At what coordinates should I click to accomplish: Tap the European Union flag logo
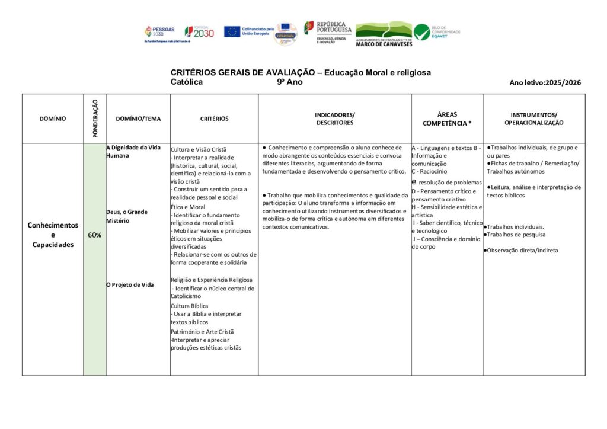pyautogui.click(x=232, y=31)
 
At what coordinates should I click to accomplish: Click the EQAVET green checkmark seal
pyautogui.click(x=422, y=32)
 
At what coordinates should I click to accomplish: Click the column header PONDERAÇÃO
pyautogui.click(x=95, y=119)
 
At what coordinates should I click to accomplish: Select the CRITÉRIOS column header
pyautogui.click(x=214, y=119)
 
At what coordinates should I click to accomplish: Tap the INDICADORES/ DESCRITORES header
pyautogui.click(x=335, y=119)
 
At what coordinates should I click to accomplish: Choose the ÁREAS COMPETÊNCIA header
pyautogui.click(x=447, y=119)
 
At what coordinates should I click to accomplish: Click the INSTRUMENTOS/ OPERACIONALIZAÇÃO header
pyautogui.click(x=533, y=119)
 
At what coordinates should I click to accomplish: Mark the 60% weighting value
pyautogui.click(x=94, y=235)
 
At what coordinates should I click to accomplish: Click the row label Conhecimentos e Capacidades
pyautogui.click(x=53, y=235)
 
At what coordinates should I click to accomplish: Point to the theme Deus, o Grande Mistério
pyautogui.click(x=127, y=216)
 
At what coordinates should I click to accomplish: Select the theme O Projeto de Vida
pyautogui.click(x=130, y=284)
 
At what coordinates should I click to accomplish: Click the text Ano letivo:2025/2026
pyautogui.click(x=545, y=83)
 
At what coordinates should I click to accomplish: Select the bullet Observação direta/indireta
pyautogui.click(x=522, y=250)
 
